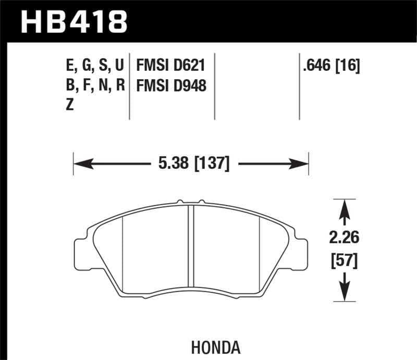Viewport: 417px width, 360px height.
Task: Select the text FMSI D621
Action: point(170,65)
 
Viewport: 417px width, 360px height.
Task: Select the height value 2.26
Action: point(344,239)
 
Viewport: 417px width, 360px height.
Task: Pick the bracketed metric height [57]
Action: point(344,259)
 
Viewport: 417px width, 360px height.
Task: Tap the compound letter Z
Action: point(70,105)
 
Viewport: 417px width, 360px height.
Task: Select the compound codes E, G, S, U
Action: point(94,65)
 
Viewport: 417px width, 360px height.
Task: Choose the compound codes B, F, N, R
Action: point(94,85)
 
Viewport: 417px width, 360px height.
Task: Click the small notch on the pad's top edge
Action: point(180,201)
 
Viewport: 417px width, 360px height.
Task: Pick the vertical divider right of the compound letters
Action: point(129,86)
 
